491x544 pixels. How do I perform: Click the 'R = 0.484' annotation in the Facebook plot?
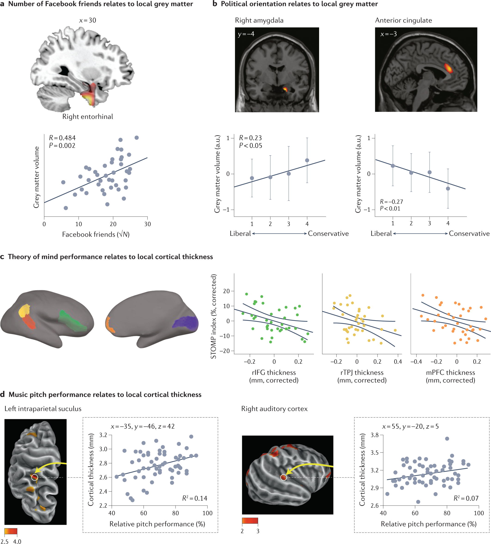coord(62,138)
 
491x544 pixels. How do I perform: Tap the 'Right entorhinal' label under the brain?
coord(88,117)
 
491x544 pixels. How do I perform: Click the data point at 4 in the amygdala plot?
coord(307,160)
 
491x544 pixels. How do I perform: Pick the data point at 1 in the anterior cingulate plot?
coord(393,166)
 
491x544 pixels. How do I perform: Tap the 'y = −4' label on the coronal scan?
coord(246,34)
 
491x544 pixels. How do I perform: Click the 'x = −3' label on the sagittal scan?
coord(389,34)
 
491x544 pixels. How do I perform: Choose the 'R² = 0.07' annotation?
coord(466,498)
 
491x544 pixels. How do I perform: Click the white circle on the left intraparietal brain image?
coord(34,477)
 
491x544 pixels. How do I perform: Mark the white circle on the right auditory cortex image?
coord(283,477)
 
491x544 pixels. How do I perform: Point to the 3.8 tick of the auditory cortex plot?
coord(375,435)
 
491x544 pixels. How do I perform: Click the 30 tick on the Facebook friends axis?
coord(147,224)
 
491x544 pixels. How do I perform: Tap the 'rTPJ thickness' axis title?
coord(362,372)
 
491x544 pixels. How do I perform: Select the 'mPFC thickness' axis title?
coord(450,372)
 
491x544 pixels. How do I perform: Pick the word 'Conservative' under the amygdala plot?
coord(328,234)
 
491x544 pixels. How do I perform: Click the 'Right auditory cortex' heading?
coord(274,409)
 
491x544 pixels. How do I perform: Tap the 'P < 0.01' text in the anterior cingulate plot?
coord(390,208)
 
